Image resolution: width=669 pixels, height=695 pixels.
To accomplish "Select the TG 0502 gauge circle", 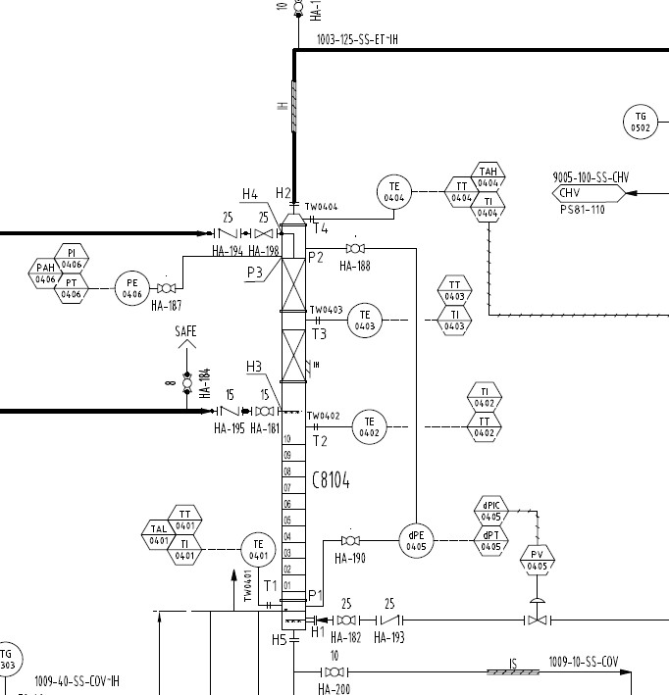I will [x=641, y=123].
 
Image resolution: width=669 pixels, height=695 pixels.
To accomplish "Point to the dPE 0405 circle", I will [x=417, y=541].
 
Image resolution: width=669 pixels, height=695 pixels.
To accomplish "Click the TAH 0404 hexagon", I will [x=489, y=176].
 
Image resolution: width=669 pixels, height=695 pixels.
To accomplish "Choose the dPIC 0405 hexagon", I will [x=491, y=511].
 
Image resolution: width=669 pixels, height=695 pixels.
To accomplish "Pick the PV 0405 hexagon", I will [x=537, y=561].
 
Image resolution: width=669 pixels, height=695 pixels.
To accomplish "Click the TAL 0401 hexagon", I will [x=159, y=534].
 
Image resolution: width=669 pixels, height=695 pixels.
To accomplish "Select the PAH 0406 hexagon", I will [x=46, y=274].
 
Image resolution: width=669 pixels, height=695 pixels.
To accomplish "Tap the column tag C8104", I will [x=331, y=480].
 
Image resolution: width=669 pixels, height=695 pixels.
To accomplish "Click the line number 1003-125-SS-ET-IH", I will [x=356, y=40].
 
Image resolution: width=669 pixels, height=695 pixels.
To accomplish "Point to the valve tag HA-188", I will [x=355, y=266].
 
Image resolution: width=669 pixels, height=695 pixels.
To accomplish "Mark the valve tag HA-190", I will [x=349, y=559].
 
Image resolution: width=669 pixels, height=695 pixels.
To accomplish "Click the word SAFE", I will [x=186, y=332].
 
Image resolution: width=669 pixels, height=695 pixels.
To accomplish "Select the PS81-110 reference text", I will [x=582, y=209].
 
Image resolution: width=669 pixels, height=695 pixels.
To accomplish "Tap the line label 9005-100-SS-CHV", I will [x=590, y=177].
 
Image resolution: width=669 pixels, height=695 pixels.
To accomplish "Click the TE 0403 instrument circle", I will [x=364, y=321].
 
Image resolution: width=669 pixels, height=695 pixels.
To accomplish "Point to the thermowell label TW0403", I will [x=327, y=310].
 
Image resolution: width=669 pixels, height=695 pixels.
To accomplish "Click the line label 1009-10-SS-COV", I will [x=583, y=661].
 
